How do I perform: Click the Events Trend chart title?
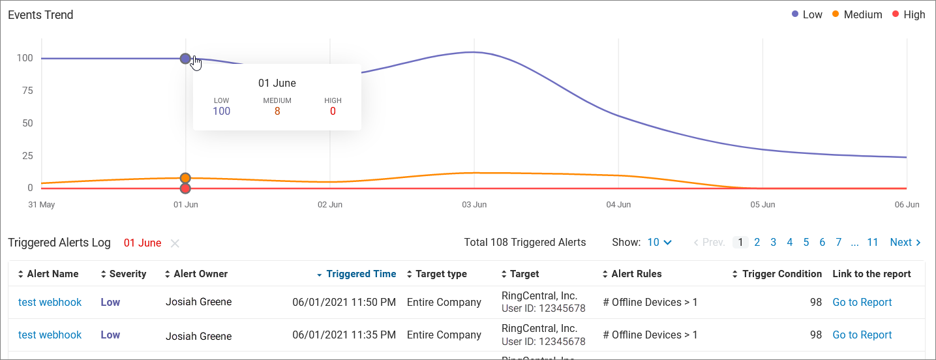tap(40, 15)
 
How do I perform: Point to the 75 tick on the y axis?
tap(25, 91)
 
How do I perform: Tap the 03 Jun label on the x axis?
tap(474, 205)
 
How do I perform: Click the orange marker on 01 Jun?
tap(185, 178)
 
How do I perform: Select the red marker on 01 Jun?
tap(185, 188)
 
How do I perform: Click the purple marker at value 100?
tap(185, 59)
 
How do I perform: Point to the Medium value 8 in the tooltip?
tap(277, 112)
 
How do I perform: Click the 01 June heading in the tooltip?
tap(277, 83)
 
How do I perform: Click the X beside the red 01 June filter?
tap(175, 243)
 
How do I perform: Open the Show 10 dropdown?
tap(659, 243)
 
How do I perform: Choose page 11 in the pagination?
tap(873, 243)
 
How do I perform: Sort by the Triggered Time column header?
tap(361, 274)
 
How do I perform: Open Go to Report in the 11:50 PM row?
tap(862, 303)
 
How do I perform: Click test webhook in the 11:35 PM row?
tap(50, 335)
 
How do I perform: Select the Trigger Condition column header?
tap(781, 274)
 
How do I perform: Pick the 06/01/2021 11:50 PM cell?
tap(344, 303)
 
